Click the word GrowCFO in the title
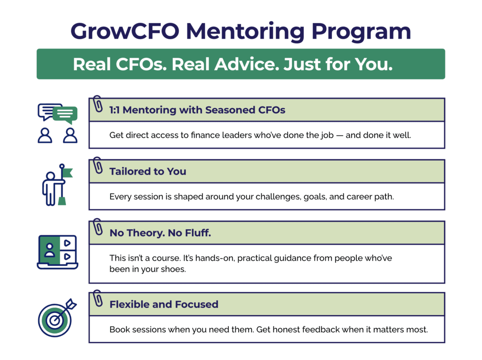pyautogui.click(x=125, y=32)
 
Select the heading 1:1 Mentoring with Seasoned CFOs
pyautogui.click(x=197, y=110)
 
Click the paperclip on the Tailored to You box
pyautogui.click(x=97, y=165)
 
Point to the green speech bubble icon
pyautogui.click(x=65, y=115)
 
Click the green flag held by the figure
pyautogui.click(x=67, y=173)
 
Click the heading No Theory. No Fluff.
pyautogui.click(x=160, y=233)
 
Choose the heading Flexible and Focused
pyautogui.click(x=164, y=304)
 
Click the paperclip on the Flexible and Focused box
pyautogui.click(x=97, y=298)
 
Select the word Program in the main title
pyautogui.click(x=361, y=32)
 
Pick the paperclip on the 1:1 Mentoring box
pyautogui.click(x=97, y=104)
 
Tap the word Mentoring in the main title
pyautogui.click(x=245, y=32)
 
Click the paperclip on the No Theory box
pyautogui.click(x=97, y=227)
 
